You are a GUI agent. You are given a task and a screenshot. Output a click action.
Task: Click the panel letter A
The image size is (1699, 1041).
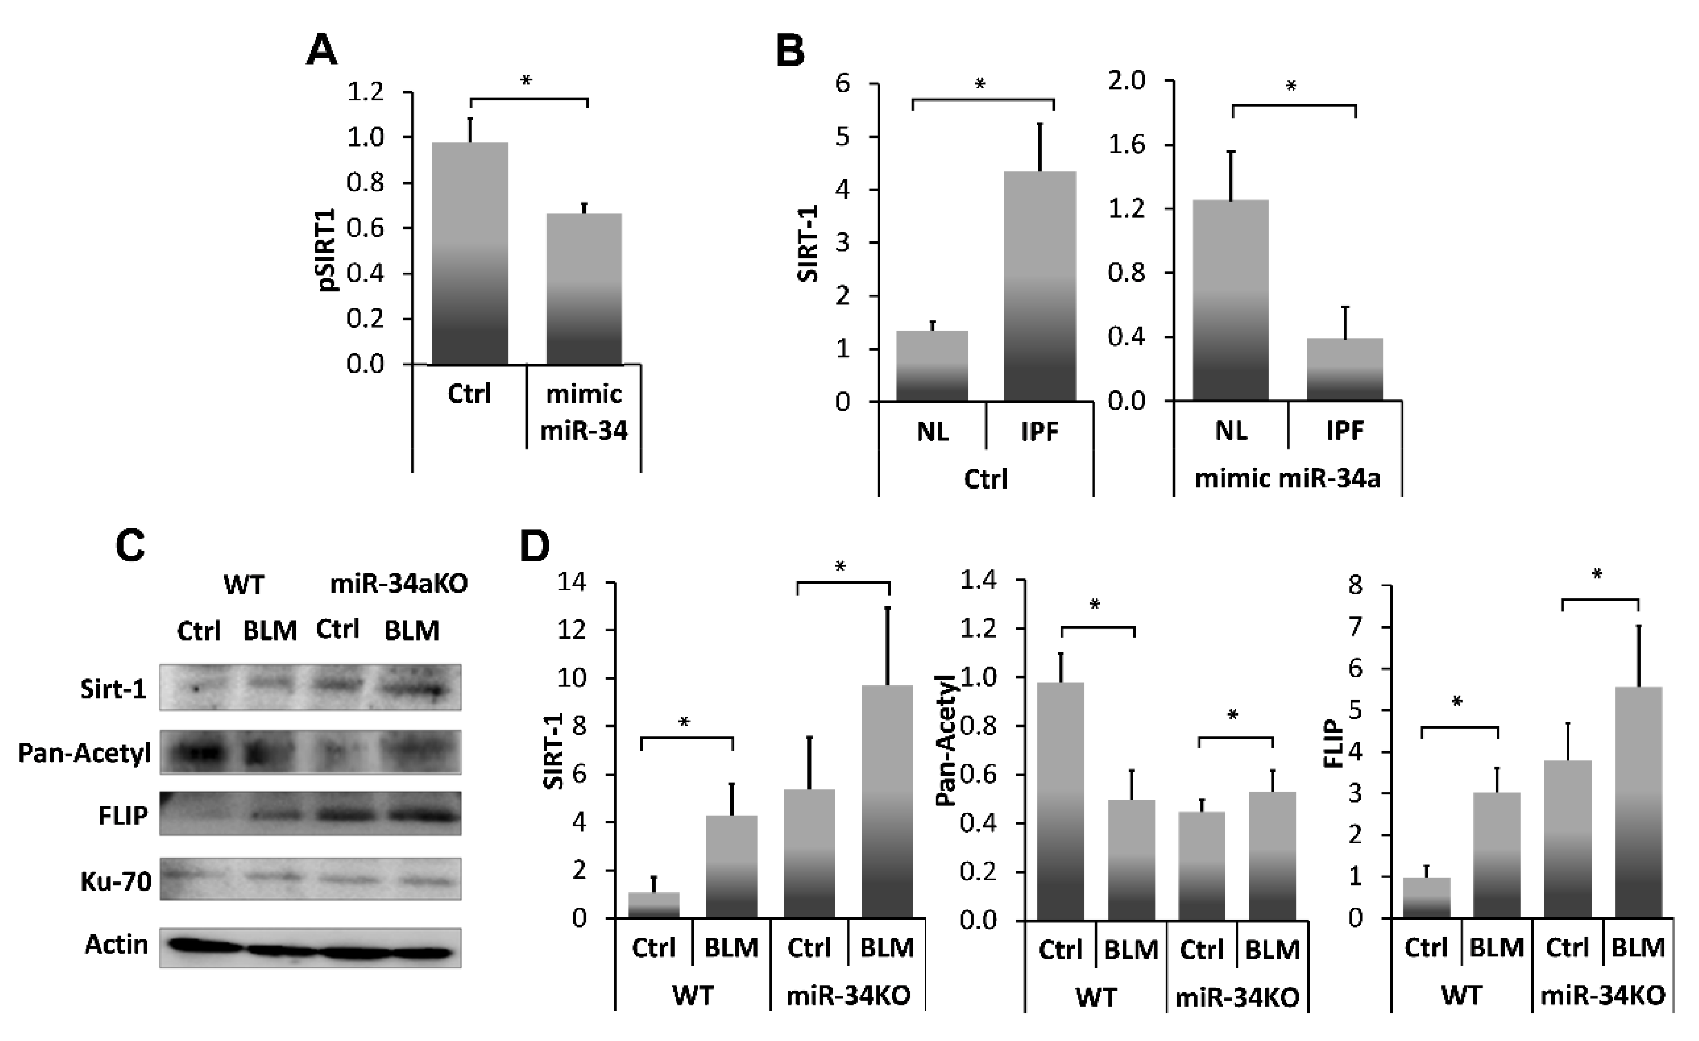pos(321,52)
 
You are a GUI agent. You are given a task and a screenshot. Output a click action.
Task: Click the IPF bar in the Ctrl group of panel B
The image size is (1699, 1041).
pos(1039,286)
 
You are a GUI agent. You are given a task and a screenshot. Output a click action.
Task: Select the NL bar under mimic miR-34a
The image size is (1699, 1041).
pos(1231,300)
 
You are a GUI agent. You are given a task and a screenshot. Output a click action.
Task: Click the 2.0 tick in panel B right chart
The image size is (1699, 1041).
pos(1126,81)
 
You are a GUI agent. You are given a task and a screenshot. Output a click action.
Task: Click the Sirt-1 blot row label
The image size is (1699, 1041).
pos(114,689)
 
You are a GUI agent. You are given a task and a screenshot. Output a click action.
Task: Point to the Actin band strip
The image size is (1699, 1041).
pos(310,948)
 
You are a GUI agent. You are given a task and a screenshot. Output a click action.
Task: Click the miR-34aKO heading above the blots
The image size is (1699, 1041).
pos(399,584)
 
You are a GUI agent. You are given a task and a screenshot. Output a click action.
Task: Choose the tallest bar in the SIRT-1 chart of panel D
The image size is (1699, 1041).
pos(887,800)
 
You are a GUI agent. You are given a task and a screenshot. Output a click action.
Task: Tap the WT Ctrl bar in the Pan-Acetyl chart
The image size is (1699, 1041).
pos(1061,800)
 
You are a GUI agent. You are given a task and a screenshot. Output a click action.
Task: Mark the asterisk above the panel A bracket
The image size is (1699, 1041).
pos(526,81)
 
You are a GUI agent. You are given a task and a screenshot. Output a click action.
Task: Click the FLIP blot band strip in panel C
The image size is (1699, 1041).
pos(310,814)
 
